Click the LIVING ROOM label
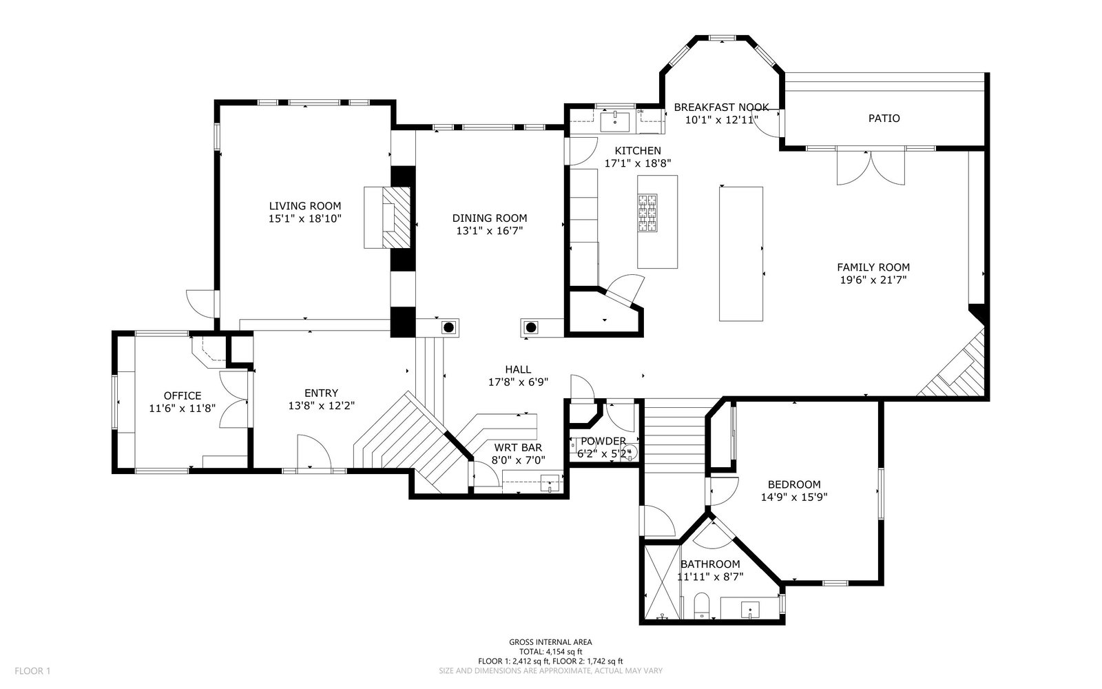pyautogui.click(x=305, y=206)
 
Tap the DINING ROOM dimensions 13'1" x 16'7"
pyautogui.click(x=490, y=231)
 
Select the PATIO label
pyautogui.click(x=884, y=118)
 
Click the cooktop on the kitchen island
pyautogui.click(x=647, y=213)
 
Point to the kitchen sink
pyautogui.click(x=614, y=121)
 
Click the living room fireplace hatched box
pyautogui.click(x=397, y=217)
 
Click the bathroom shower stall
pyautogui.click(x=662, y=582)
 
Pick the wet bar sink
pyautogui.click(x=550, y=483)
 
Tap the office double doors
pyautogui.click(x=233, y=399)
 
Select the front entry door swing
pyautogui.click(x=314, y=453)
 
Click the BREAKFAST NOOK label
pyautogui.click(x=721, y=107)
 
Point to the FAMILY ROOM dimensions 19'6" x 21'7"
pyautogui.click(x=873, y=280)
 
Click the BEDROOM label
pyautogui.click(x=794, y=484)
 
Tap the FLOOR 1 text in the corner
pyautogui.click(x=32, y=671)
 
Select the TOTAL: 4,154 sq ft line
pyautogui.click(x=550, y=652)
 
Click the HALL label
pyautogui.click(x=518, y=369)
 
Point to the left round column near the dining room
pyautogui.click(x=448, y=327)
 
